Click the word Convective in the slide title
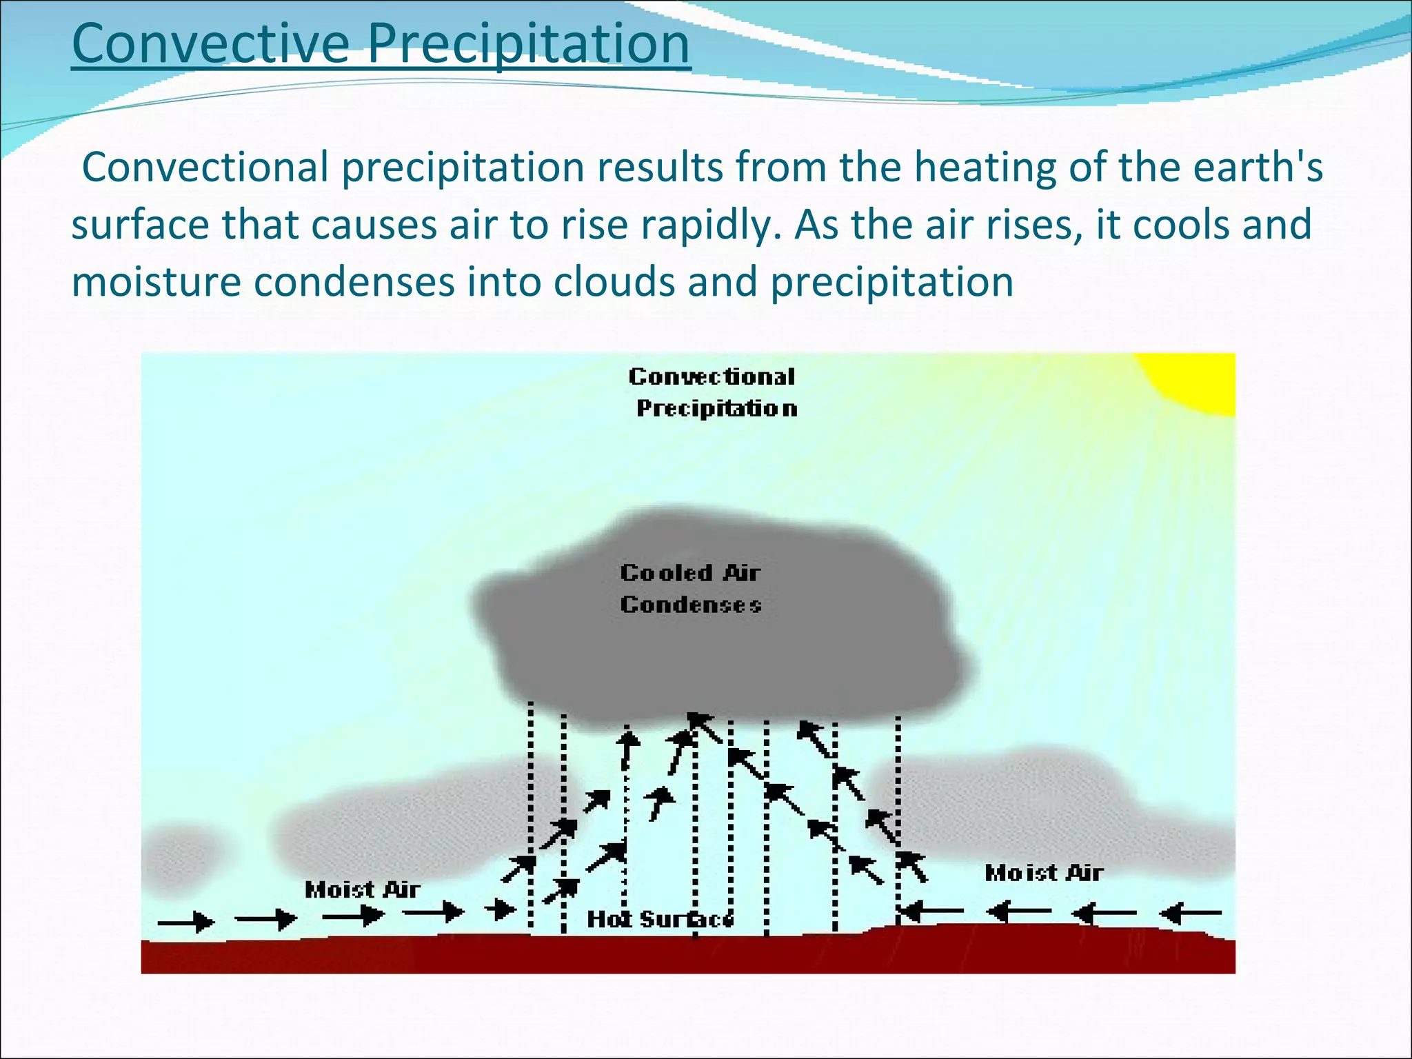210,43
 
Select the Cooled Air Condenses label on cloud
690,588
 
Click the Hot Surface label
660,919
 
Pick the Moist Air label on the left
362,889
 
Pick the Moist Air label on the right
1043,873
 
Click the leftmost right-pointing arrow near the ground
186,921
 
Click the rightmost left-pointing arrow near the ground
1190,914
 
